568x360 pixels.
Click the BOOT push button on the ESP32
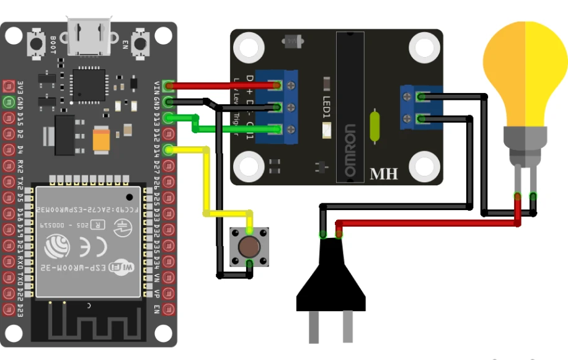pos(36,43)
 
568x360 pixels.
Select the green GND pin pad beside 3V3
pos(9,102)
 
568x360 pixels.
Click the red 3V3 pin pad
pos(9,86)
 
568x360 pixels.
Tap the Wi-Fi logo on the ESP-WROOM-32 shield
pos(121,268)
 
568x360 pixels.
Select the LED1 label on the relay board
pos(327,107)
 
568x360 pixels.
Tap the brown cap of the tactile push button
pos(249,247)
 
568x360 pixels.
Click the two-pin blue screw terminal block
pos(415,107)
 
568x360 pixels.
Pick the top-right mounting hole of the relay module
pos(424,48)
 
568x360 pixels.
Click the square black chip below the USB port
pos(89,85)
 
